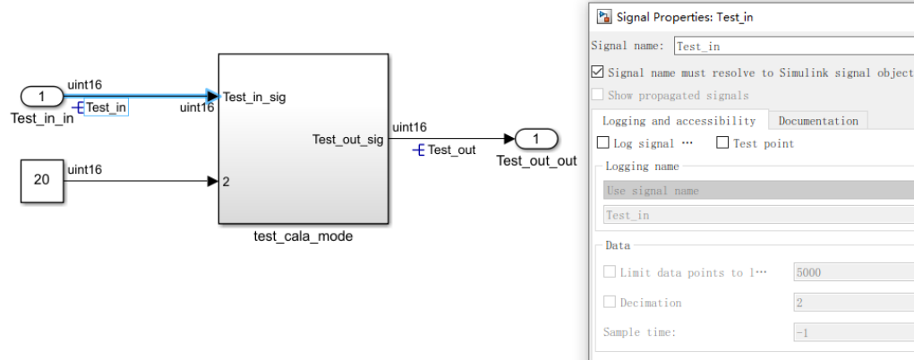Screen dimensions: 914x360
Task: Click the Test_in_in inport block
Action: (x=42, y=97)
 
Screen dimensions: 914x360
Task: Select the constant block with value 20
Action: (x=42, y=180)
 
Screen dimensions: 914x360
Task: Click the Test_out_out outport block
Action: (x=536, y=139)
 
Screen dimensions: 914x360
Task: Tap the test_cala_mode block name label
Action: (x=303, y=237)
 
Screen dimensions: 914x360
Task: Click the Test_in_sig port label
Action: (x=254, y=97)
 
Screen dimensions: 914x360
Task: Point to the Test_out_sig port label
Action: (x=348, y=140)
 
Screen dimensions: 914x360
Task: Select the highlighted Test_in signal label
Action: (x=107, y=107)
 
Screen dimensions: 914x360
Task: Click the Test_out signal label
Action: (x=451, y=150)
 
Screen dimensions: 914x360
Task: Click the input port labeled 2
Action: (x=226, y=182)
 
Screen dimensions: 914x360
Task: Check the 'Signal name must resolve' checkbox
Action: (x=597, y=73)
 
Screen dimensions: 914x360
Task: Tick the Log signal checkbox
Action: (x=603, y=143)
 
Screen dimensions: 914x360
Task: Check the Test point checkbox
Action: (x=722, y=143)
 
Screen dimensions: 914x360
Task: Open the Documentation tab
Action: (x=818, y=121)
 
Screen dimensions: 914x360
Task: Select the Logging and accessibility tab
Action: (x=679, y=121)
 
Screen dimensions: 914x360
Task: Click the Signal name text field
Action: (x=794, y=46)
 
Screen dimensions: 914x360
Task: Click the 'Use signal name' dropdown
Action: (x=758, y=190)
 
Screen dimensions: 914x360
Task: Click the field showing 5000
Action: (x=854, y=272)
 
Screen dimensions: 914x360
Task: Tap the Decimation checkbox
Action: (x=609, y=302)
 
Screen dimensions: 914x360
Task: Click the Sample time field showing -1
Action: (x=854, y=332)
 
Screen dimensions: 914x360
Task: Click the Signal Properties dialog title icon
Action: (x=604, y=16)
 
